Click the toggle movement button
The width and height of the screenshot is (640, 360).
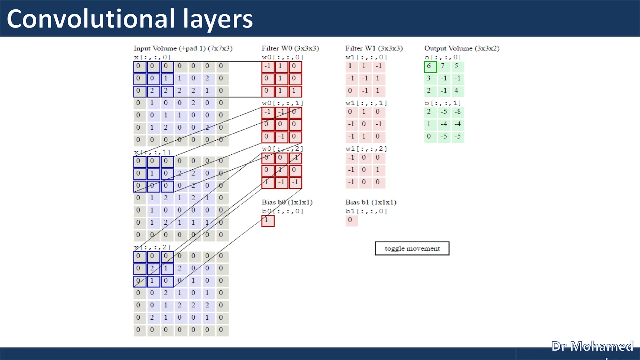412,248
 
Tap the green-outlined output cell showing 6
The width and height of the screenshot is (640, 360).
430,67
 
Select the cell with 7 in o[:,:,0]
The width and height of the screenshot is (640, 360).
443,67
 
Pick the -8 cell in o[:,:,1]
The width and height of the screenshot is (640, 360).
457,112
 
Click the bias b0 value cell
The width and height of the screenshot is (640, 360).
268,221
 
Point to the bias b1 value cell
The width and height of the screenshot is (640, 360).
351,220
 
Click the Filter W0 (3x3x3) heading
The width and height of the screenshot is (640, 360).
290,48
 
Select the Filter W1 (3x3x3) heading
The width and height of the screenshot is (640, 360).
374,48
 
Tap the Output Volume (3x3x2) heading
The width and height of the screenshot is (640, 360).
462,48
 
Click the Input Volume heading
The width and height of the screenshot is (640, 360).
183,48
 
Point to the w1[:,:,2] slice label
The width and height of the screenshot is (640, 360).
366,149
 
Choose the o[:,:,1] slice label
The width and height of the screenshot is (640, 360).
442,103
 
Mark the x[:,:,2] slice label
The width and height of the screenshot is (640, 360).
152,247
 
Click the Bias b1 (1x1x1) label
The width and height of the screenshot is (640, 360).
371,202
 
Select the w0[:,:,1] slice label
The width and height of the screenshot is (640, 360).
282,103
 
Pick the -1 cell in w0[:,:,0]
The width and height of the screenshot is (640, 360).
268,67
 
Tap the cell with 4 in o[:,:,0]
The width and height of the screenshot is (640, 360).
457,91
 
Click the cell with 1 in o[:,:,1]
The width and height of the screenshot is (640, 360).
429,124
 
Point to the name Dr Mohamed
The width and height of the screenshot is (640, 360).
592,346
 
